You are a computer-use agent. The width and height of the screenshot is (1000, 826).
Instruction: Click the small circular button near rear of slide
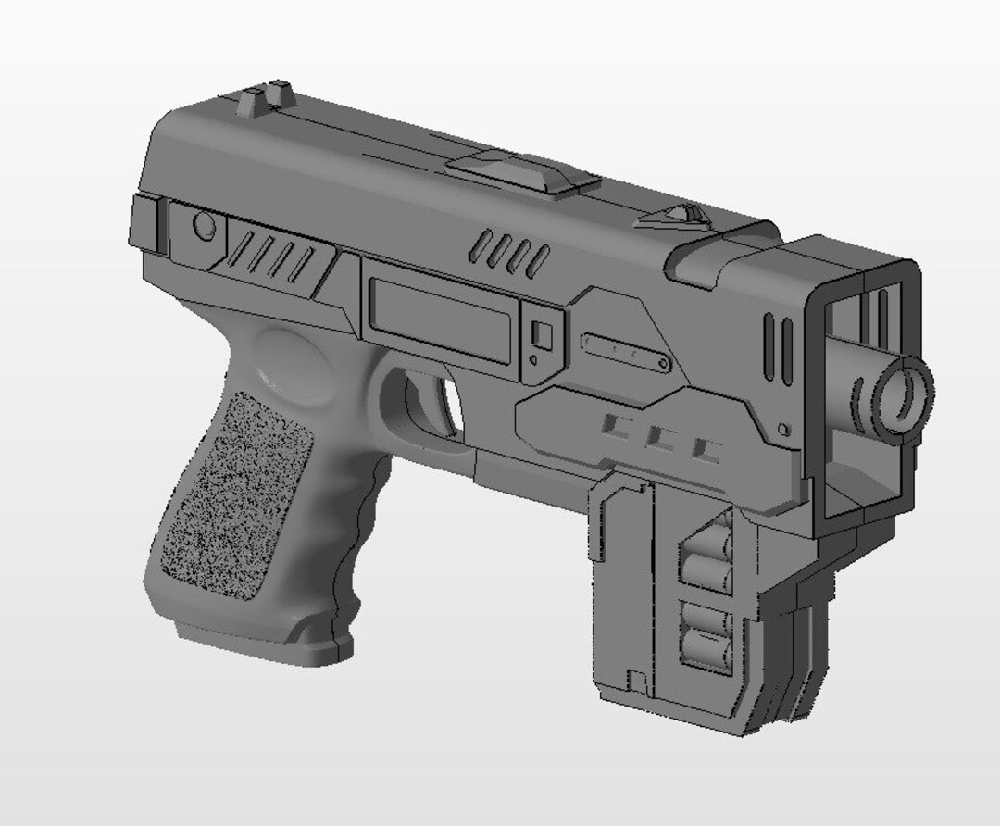point(203,225)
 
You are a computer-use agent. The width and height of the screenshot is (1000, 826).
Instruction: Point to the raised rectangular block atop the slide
point(519,173)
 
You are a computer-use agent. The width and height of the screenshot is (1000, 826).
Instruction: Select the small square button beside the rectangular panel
point(543,334)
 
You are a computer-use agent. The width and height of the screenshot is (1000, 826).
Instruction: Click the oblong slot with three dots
point(626,352)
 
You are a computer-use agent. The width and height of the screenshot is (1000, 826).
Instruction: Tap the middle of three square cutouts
point(660,438)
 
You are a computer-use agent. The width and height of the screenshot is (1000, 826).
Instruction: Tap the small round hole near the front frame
point(784,430)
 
